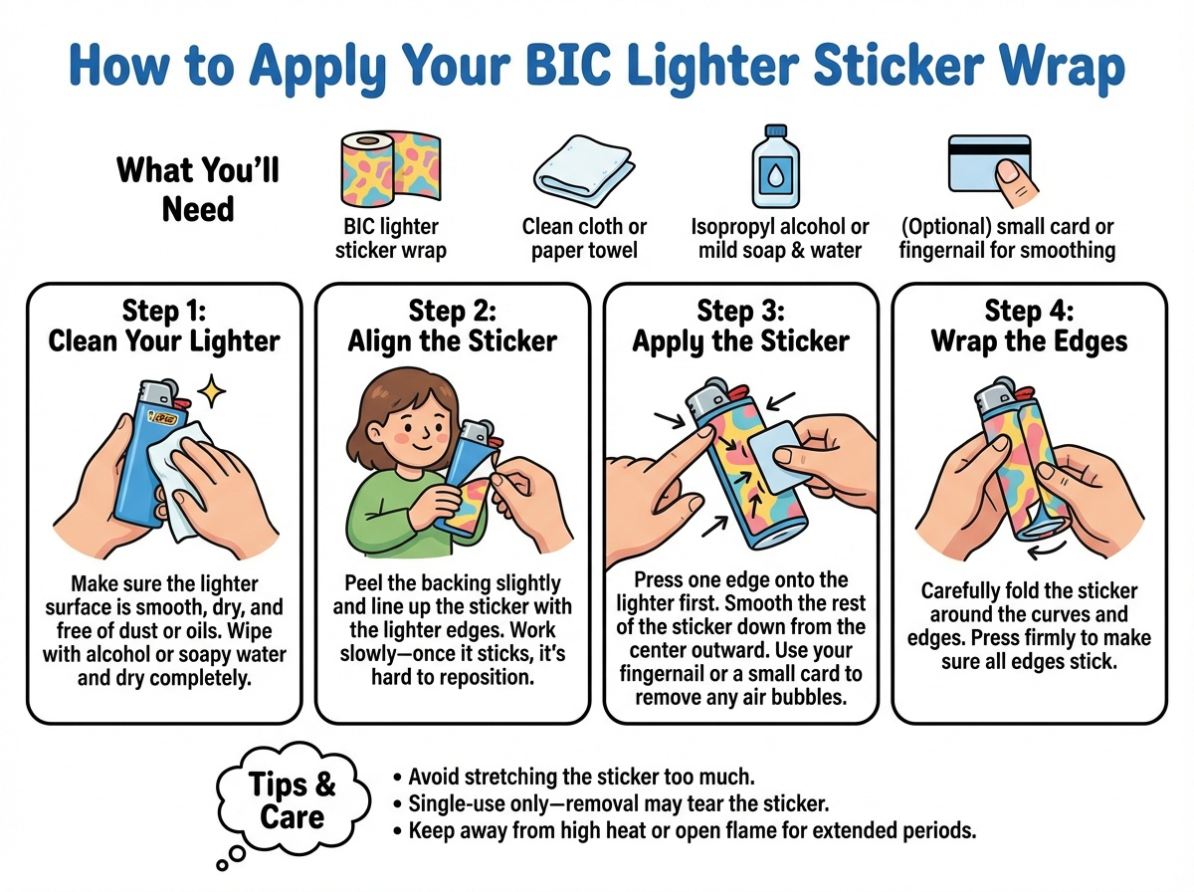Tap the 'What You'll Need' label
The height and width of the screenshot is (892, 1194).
(x=198, y=188)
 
